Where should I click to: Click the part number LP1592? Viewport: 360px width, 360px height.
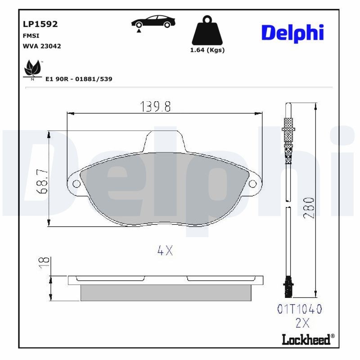40,24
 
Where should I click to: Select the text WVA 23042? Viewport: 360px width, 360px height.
41,46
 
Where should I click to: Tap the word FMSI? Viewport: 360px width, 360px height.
30,36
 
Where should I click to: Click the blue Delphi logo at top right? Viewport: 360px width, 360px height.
292,33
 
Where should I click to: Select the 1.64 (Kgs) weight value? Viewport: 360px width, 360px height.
207,50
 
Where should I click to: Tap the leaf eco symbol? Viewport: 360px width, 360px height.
32,68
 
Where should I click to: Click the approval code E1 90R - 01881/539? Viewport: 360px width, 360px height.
79,79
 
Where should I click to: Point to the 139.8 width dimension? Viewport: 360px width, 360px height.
155,107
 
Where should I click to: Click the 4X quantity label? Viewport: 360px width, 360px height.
165,251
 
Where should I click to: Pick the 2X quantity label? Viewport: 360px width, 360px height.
302,323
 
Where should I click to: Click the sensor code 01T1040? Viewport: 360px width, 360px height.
300,309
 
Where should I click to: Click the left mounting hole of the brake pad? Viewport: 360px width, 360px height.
76,184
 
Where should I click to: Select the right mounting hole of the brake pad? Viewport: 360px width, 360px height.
253,184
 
